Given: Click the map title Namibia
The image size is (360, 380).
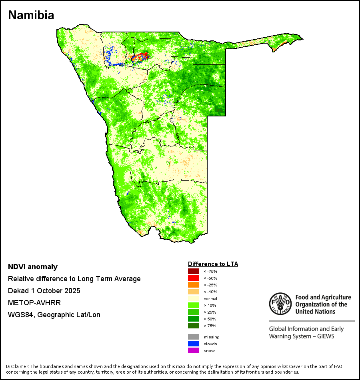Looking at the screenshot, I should [x=31, y=16].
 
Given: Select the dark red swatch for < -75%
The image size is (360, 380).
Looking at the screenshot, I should [x=193, y=271].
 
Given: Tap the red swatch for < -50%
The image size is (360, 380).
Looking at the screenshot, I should [x=193, y=278].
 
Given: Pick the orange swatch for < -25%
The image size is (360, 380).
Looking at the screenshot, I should [x=193, y=285].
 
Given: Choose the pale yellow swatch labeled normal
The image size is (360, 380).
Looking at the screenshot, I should [x=193, y=298].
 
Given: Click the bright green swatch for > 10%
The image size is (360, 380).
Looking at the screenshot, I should [x=193, y=305].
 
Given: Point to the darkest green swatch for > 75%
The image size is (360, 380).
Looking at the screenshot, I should [x=193, y=326].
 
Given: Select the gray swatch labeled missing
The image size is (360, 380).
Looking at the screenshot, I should [x=193, y=337].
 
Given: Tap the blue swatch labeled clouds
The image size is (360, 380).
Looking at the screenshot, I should [x=193, y=344].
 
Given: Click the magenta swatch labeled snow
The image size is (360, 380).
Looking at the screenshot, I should [x=193, y=350].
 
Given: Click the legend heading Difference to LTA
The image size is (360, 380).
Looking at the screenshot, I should [x=213, y=264].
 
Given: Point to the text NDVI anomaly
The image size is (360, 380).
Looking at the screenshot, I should [x=33, y=267].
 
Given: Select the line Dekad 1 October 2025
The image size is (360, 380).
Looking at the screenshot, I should [x=44, y=291].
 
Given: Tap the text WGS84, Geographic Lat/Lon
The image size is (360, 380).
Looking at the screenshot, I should [x=54, y=315].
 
